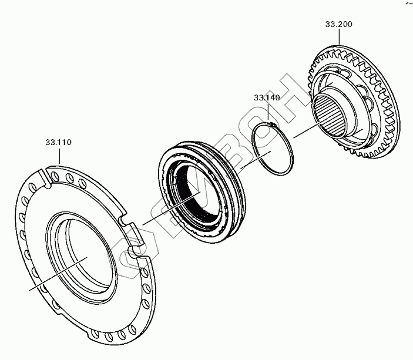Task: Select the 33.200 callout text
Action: (338, 25)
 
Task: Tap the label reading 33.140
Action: (266, 97)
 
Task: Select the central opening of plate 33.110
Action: (82, 253)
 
